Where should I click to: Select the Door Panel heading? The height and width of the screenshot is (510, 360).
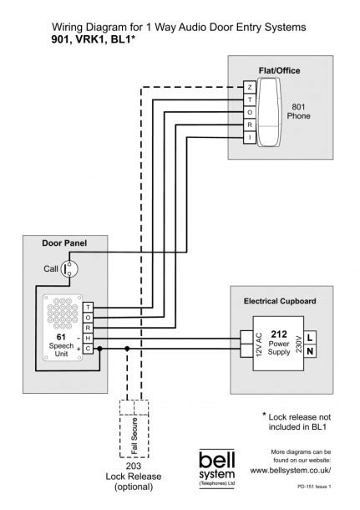tap(64, 244)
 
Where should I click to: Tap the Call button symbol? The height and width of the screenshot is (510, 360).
tap(72, 268)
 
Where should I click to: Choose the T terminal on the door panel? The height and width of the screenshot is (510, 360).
tap(89, 308)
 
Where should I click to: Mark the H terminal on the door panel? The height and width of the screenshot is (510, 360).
tap(89, 338)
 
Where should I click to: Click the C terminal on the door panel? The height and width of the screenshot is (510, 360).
tap(89, 348)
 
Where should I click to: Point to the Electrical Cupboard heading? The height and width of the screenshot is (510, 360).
tap(280, 300)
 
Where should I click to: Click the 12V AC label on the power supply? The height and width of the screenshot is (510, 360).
tap(258, 344)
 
